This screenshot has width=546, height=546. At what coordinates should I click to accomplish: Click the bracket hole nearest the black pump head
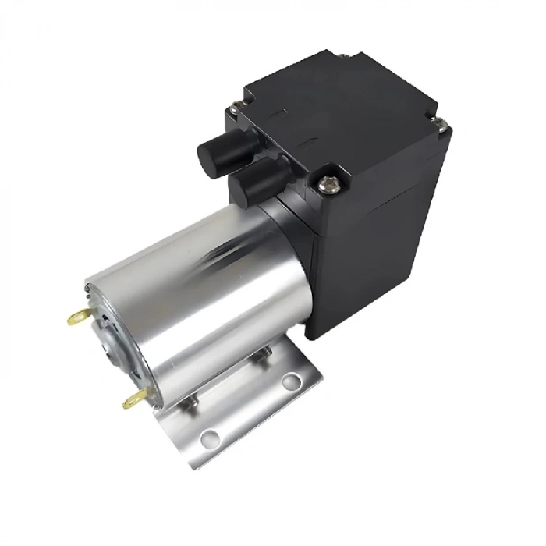coord(291,381)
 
